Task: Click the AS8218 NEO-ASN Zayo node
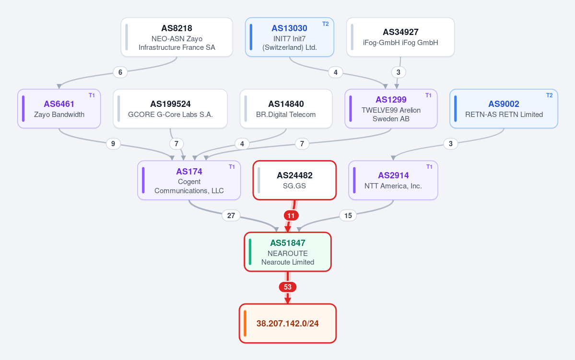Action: click(x=177, y=37)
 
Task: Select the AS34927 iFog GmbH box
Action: click(x=400, y=37)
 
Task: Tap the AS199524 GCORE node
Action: click(x=170, y=109)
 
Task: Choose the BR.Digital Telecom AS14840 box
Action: click(x=286, y=109)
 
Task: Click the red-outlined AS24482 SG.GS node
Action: click(x=294, y=180)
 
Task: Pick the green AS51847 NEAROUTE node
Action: click(x=288, y=252)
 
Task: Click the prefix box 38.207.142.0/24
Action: click(x=288, y=324)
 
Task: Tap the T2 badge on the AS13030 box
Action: click(x=325, y=24)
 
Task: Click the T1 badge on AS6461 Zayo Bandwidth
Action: click(x=92, y=95)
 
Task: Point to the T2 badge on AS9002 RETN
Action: click(x=549, y=95)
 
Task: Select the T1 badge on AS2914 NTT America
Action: click(x=429, y=167)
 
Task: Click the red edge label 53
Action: click(x=288, y=287)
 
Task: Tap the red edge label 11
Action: click(x=291, y=216)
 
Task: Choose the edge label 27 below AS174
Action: click(x=231, y=216)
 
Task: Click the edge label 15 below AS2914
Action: click(x=348, y=216)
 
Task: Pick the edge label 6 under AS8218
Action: click(x=120, y=72)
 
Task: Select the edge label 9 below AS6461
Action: click(x=113, y=144)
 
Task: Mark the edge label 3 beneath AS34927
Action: click(x=399, y=72)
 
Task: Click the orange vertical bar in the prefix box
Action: click(x=245, y=324)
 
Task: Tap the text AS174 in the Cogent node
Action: click(x=189, y=172)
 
